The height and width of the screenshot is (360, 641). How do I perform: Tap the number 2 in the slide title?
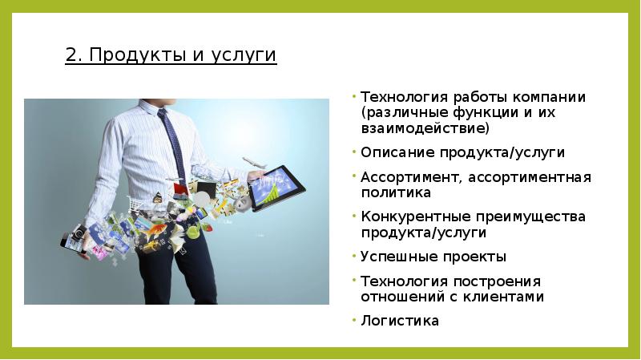pyautogui.click(x=71, y=55)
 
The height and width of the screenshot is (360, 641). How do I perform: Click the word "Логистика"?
pyautogui.click(x=400, y=321)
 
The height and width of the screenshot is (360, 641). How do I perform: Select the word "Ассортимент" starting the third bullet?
pyautogui.click(x=408, y=177)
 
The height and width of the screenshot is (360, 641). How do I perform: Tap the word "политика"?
pyautogui.click(x=396, y=192)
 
